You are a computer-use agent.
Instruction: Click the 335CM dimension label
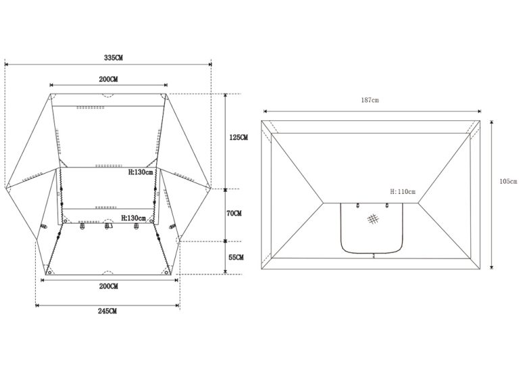click(x=114, y=57)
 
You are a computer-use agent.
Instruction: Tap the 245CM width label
click(x=107, y=311)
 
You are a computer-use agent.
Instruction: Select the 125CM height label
click(x=239, y=137)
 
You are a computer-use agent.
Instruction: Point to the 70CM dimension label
click(x=234, y=214)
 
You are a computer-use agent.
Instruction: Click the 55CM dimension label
click(x=236, y=257)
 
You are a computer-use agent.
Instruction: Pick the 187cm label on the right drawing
click(x=370, y=100)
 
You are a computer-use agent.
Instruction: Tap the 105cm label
click(x=508, y=181)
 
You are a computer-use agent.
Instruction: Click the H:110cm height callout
click(x=403, y=191)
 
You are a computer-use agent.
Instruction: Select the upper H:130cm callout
click(x=141, y=172)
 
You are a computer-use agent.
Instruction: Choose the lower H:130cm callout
click(x=133, y=218)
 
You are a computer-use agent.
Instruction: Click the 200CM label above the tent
click(x=108, y=80)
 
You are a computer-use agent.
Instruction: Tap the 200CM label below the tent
click(x=108, y=287)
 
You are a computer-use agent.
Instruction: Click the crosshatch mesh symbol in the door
click(x=373, y=219)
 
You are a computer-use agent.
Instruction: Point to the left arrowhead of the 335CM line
click(x=6, y=64)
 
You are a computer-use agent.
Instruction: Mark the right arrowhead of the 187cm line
click(x=479, y=112)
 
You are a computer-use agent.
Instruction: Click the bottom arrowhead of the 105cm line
click(x=491, y=267)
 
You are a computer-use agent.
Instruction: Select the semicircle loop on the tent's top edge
click(x=108, y=96)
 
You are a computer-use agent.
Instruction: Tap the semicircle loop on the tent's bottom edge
click(x=108, y=272)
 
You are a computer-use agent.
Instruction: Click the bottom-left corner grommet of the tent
click(x=49, y=272)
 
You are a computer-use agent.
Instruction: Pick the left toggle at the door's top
click(x=357, y=205)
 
